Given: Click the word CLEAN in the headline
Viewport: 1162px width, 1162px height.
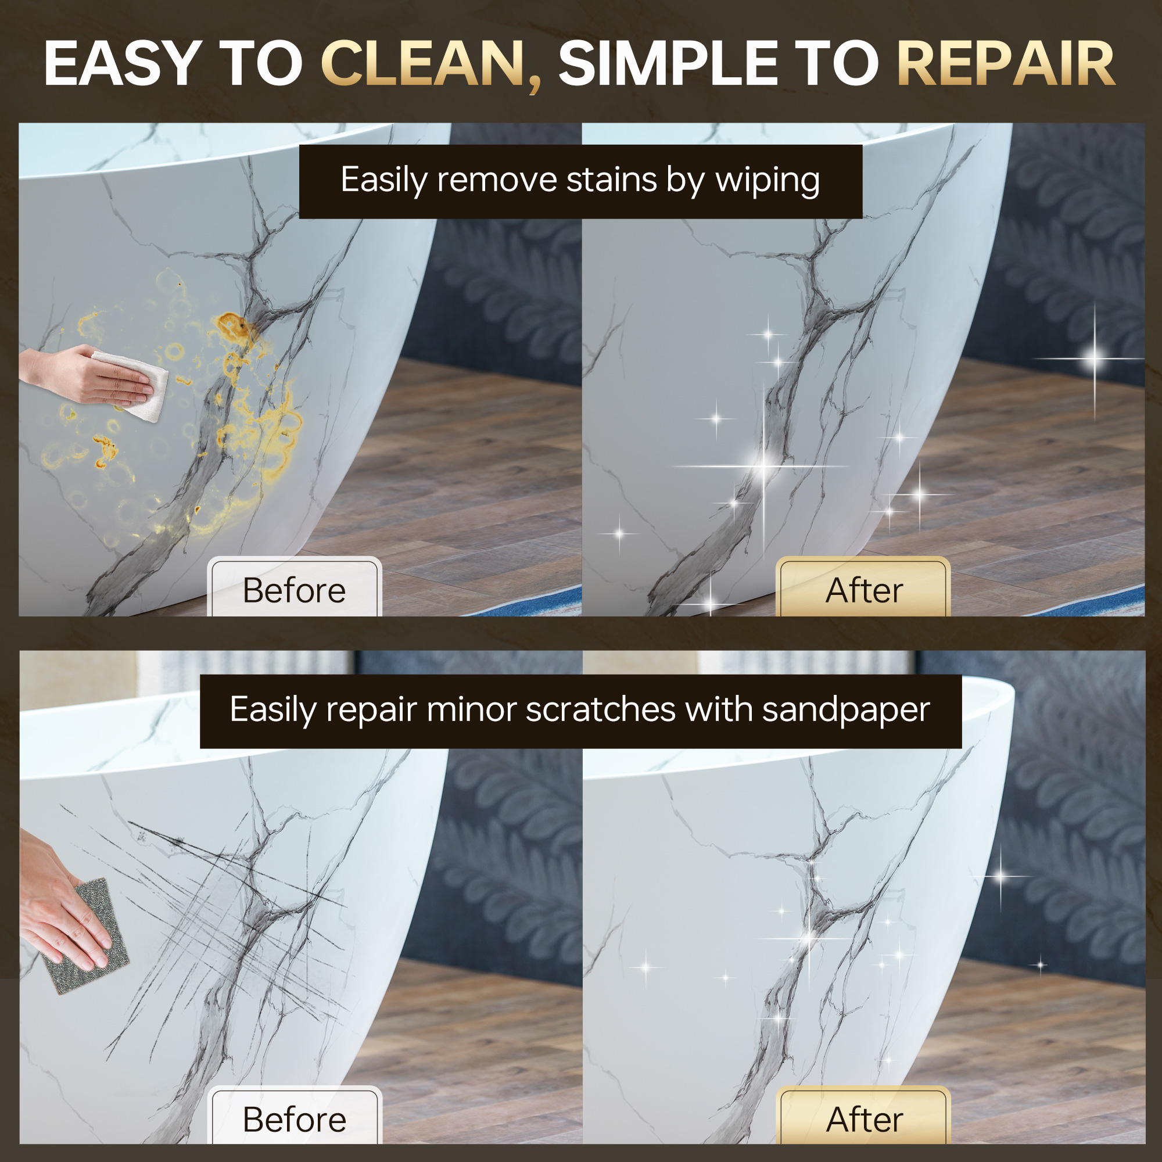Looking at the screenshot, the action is tap(425, 64).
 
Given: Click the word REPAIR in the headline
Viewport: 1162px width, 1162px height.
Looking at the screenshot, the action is tap(1006, 64).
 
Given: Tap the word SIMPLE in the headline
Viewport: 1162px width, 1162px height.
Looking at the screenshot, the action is tap(668, 64).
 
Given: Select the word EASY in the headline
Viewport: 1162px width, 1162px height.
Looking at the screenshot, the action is tap(123, 64).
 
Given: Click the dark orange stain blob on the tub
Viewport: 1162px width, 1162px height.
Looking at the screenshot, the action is tap(232, 327).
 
